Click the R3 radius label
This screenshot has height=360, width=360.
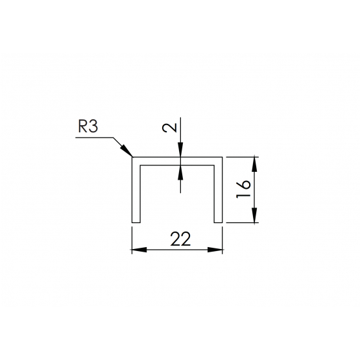click(x=88, y=126)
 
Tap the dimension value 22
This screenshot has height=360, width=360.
click(x=180, y=239)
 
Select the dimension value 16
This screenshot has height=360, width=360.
click(x=243, y=189)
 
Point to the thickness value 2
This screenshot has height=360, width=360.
click(x=170, y=128)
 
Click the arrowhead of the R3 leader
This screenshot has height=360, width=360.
click(x=126, y=151)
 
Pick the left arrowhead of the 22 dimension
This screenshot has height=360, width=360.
click(x=139, y=250)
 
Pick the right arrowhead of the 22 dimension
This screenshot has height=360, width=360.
click(x=215, y=250)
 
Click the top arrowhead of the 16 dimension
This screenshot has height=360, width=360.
click(x=254, y=164)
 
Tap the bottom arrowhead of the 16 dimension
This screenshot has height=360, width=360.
click(x=254, y=215)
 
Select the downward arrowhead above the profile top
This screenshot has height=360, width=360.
click(x=180, y=150)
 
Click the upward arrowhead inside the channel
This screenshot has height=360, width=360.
click(x=180, y=172)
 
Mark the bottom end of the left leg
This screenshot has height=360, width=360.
click(x=136, y=222)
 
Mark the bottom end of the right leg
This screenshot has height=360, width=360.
click(x=218, y=222)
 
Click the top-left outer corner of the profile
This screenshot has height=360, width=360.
click(x=132, y=158)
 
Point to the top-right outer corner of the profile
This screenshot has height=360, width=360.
click(x=222, y=158)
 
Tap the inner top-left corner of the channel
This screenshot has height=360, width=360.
click(x=140, y=165)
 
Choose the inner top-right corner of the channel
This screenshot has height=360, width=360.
click(x=214, y=165)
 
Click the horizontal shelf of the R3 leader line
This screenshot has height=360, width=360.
click(x=94, y=138)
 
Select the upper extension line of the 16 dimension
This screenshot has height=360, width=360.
click(x=243, y=157)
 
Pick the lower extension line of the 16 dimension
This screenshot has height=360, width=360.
click(x=243, y=222)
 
